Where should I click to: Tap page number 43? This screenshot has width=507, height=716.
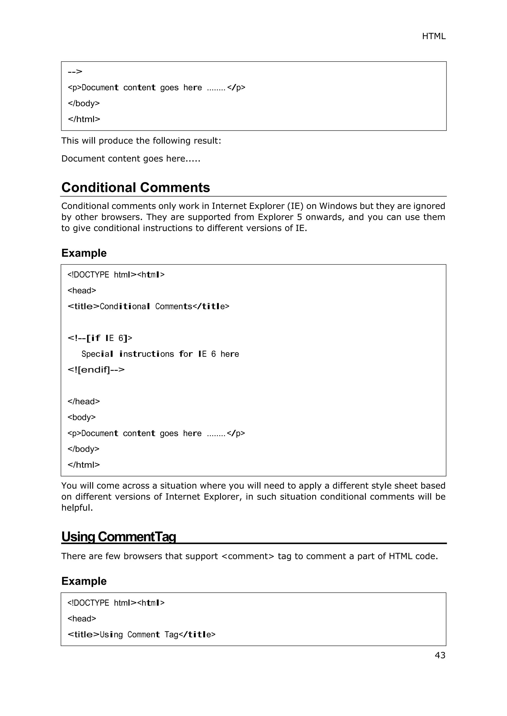tap(440, 655)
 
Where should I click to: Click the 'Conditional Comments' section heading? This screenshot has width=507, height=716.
tap(135, 188)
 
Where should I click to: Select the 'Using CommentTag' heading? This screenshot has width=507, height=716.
tap(119, 537)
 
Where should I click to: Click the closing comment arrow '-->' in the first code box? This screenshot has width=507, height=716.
tap(75, 72)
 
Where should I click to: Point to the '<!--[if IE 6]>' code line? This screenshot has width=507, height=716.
tap(100, 338)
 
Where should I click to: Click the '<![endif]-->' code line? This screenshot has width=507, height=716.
tap(96, 370)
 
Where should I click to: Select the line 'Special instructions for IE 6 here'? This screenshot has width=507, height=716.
tap(160, 354)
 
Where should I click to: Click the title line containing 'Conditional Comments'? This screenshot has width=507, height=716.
tap(148, 307)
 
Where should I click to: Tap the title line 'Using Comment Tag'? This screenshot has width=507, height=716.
tap(141, 635)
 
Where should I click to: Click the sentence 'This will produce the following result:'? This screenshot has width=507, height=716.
tap(141, 141)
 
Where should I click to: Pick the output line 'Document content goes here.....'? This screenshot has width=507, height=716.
tap(130, 159)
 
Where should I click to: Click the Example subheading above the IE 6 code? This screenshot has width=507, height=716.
tap(84, 253)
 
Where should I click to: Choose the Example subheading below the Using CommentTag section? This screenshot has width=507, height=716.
tap(84, 581)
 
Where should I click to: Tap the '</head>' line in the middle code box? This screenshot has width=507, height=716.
tap(84, 402)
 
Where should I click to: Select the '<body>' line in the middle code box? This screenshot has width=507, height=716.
tap(81, 417)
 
